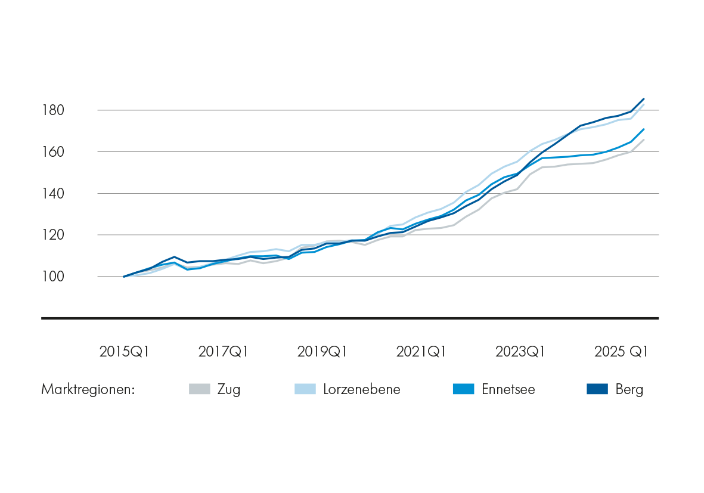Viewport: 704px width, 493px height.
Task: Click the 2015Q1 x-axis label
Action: pyautogui.click(x=125, y=352)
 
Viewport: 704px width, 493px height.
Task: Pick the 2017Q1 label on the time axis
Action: pyautogui.click(x=224, y=352)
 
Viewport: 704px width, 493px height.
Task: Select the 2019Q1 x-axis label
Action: pyautogui.click(x=322, y=352)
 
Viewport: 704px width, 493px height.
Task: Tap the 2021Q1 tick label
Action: pyautogui.click(x=421, y=352)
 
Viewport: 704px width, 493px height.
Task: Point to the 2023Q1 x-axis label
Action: pyautogui.click(x=520, y=352)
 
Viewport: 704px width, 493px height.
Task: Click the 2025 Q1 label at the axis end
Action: pyautogui.click(x=621, y=352)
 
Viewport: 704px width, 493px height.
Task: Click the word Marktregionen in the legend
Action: pyautogui.click(x=88, y=390)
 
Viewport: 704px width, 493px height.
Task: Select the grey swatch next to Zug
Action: pyautogui.click(x=200, y=389)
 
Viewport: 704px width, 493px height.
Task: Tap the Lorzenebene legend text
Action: pyautogui.click(x=362, y=390)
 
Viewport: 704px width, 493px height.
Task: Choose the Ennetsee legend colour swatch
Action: pyautogui.click(x=463, y=389)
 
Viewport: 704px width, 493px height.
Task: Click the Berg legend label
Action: pyautogui.click(x=629, y=390)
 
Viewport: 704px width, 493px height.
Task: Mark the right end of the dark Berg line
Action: pyautogui.click(x=644, y=99)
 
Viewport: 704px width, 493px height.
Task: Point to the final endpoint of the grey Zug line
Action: pyautogui.click(x=644, y=139)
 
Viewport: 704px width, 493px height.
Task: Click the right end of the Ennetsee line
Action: pyautogui.click(x=644, y=129)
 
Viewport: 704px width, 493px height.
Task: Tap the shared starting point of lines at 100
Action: pyautogui.click(x=124, y=277)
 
